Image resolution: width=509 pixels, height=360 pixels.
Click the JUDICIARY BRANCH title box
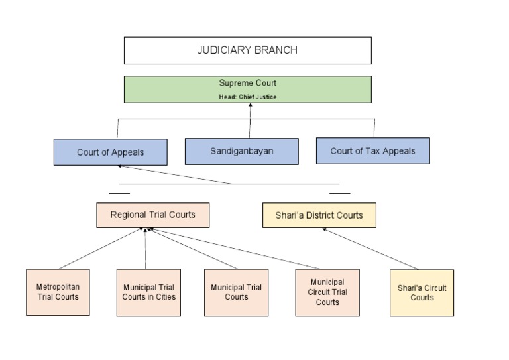tap(247, 50)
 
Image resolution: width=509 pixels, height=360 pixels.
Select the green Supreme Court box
tap(247, 89)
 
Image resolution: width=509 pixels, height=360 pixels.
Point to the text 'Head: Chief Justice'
tap(247, 97)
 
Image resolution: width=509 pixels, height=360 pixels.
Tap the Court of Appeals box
tap(110, 152)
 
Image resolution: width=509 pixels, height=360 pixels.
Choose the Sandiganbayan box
tap(241, 151)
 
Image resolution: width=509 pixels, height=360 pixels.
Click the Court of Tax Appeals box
tap(372, 150)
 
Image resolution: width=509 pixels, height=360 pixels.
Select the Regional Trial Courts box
tap(152, 215)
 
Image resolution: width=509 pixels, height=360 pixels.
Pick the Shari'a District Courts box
tap(319, 215)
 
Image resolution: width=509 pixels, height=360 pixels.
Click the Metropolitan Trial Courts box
tap(58, 292)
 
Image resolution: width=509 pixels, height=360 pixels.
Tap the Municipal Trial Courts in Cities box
tap(148, 292)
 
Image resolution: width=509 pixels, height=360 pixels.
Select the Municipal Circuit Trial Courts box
tap(327, 292)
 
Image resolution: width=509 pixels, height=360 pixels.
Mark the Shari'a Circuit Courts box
tap(422, 292)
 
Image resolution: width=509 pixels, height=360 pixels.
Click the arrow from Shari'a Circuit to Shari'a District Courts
tap(371, 249)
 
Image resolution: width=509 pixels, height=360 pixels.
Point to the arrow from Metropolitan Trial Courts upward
tap(99, 249)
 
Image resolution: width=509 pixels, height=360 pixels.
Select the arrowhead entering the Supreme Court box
tap(250, 105)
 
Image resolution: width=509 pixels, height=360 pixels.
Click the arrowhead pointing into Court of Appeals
tap(120, 166)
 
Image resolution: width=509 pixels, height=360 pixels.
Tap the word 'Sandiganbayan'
tap(241, 151)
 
